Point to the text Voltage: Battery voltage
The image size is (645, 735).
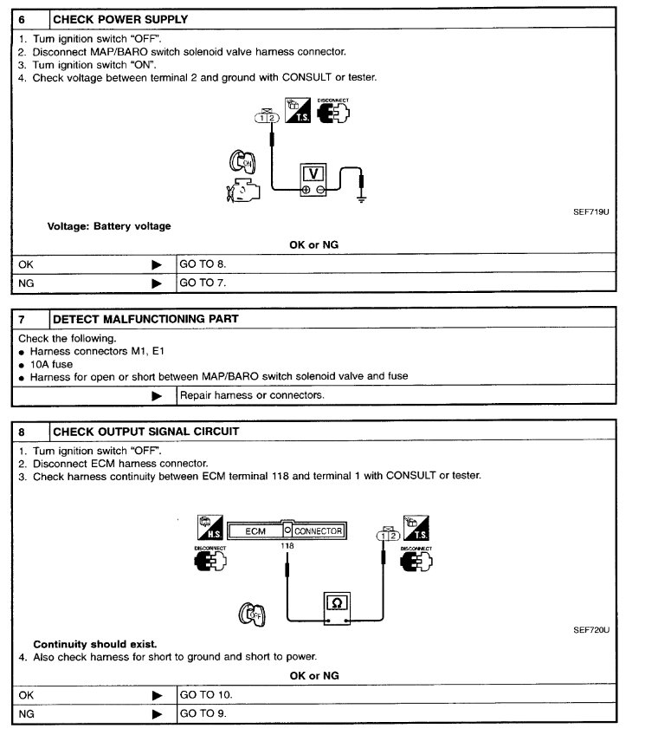[x=108, y=226]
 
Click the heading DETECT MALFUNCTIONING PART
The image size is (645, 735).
[x=145, y=319]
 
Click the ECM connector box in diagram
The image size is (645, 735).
[x=287, y=530]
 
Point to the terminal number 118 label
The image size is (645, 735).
[x=288, y=547]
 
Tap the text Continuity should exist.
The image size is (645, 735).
[x=94, y=644]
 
